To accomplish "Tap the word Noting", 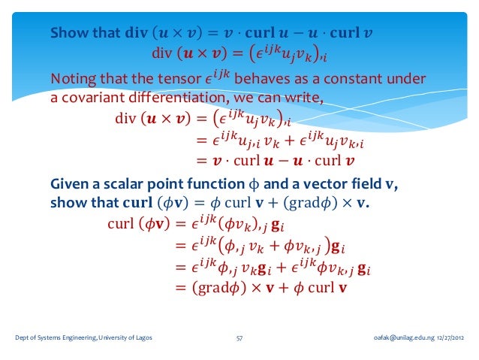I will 73,80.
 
